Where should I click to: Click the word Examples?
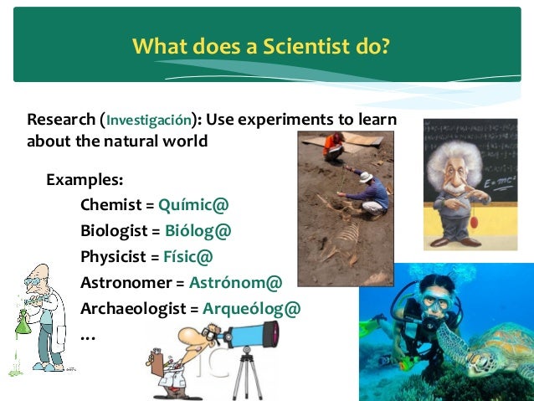(x=84, y=179)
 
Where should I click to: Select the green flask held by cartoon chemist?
(x=23, y=322)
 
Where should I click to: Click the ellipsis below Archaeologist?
(x=87, y=337)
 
